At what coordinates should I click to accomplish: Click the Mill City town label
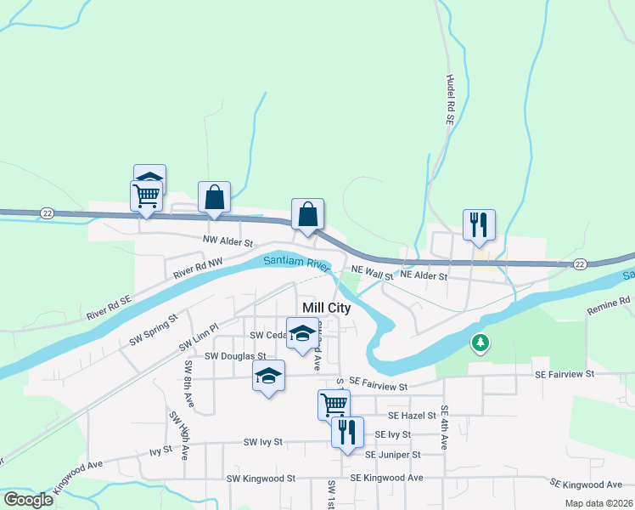point(327,308)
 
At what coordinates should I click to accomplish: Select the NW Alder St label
point(228,241)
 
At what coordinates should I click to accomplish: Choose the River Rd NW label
point(198,269)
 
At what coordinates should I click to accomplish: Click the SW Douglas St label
point(228,356)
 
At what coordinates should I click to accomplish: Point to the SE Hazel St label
point(412,416)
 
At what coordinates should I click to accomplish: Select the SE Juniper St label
point(393,455)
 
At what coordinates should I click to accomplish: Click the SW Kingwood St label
point(261,479)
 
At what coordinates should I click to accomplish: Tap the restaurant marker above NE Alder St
point(479,225)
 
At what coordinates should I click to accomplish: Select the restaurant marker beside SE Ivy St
point(347,432)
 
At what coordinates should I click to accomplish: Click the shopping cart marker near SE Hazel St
point(334,405)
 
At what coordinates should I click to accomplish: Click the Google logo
point(29,499)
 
